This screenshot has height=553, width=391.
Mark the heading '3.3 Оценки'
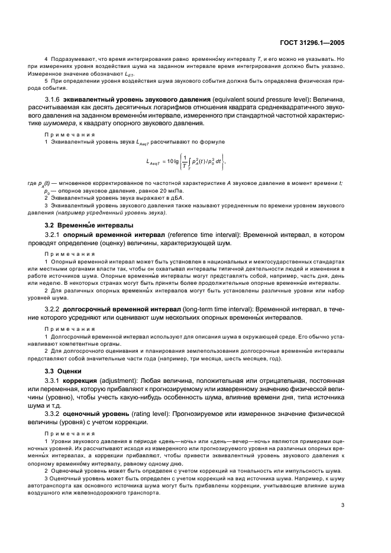point(59,371)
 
